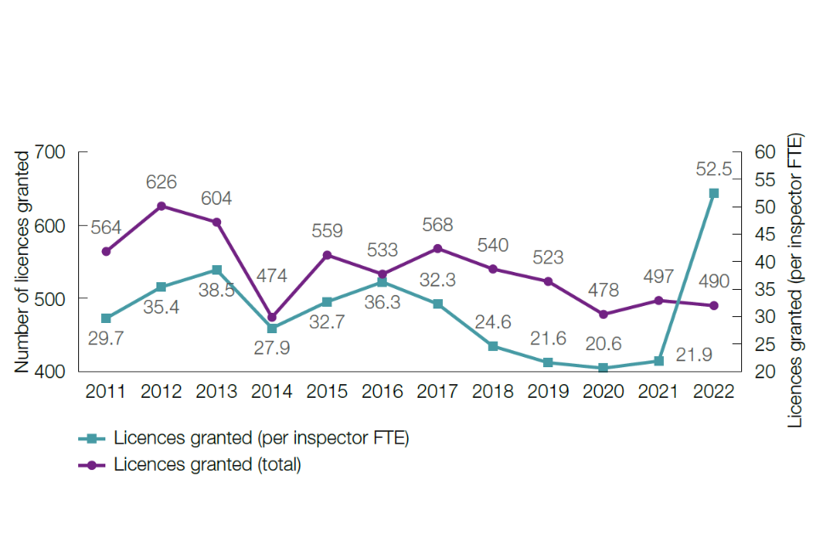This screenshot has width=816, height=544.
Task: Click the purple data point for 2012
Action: click(x=161, y=206)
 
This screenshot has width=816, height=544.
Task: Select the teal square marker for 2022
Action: click(x=714, y=193)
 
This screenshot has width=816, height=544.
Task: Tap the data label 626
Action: click(x=161, y=182)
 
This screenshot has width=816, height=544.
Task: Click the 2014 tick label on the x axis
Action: click(x=272, y=392)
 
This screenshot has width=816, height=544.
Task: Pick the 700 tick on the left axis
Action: click(x=50, y=152)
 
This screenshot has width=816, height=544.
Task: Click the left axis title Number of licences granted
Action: click(x=23, y=261)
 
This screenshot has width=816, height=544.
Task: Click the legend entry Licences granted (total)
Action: click(x=207, y=465)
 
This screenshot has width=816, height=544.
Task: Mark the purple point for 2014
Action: click(x=272, y=317)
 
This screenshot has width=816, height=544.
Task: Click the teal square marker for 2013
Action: click(x=217, y=269)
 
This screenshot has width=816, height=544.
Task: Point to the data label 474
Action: click(x=272, y=275)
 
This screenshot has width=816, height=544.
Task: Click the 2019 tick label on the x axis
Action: click(x=548, y=392)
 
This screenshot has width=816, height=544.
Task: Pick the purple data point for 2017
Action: click(x=438, y=248)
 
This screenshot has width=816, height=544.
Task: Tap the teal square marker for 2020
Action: click(x=603, y=368)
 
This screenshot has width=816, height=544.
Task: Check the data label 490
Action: click(x=714, y=281)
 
